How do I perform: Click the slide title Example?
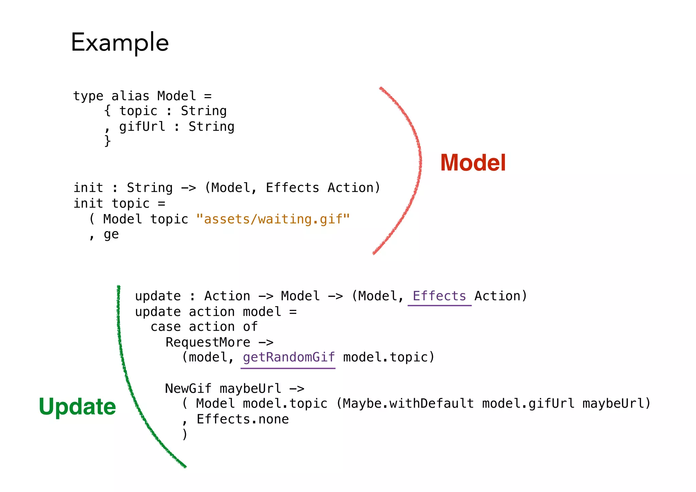pos(120,42)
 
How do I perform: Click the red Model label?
pos(473,163)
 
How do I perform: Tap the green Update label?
pos(77,407)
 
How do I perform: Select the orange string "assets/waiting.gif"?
pos(273,219)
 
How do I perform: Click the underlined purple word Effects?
pos(439,296)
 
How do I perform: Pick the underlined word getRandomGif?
pos(289,357)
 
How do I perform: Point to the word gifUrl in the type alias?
pos(142,126)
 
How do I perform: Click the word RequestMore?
pos(208,342)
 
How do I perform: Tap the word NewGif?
pos(188,388)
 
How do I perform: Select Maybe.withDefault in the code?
pos(408,404)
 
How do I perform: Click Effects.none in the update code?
pos(243,419)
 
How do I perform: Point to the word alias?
pos(130,96)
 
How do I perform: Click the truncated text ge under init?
pos(111,234)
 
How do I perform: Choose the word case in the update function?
pos(166,327)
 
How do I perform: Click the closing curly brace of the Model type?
pos(107,141)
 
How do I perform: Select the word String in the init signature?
pos(150,188)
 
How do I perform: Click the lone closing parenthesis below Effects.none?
pos(185,435)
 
